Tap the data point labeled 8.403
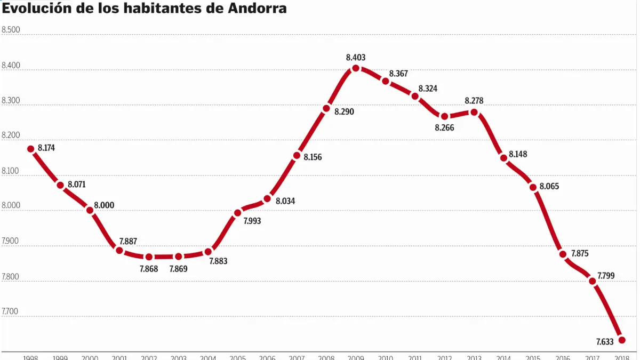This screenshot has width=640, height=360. click(356, 68)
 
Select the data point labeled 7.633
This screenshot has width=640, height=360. click(622, 340)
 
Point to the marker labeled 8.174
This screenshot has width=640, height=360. click(30, 149)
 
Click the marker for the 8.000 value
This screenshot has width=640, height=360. click(90, 210)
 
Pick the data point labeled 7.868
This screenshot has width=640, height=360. click(149, 257)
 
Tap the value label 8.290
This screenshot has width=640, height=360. click(345, 112)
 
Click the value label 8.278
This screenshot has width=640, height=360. click(474, 100)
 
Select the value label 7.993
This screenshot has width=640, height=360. click(252, 221)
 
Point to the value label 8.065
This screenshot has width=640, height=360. click(549, 187)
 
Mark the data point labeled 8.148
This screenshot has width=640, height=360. click(503, 158)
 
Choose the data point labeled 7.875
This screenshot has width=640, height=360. click(563, 254)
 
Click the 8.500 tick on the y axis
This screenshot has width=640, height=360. click(11, 30)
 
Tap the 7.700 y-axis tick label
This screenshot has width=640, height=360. click(11, 311)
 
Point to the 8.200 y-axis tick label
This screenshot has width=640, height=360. click(11, 135)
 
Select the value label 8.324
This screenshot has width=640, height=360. click(428, 89)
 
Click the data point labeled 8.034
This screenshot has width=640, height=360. click(267, 199)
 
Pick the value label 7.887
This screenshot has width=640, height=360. click(129, 241)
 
